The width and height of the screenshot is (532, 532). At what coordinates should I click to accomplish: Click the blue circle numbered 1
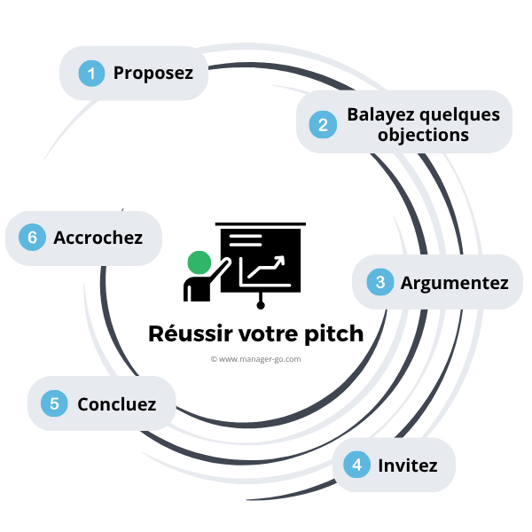[x=90, y=73]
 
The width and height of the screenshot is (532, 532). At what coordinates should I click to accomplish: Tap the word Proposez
[x=153, y=73]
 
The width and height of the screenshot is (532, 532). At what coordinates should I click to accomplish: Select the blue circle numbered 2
[x=323, y=125]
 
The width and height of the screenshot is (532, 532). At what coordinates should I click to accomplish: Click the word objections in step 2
[x=423, y=136]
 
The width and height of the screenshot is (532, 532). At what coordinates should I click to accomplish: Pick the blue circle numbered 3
[x=380, y=283]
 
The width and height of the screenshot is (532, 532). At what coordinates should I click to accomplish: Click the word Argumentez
[x=454, y=283]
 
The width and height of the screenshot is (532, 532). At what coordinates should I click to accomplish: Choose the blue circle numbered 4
[x=357, y=464]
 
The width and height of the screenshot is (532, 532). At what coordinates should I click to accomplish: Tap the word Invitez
[x=407, y=464]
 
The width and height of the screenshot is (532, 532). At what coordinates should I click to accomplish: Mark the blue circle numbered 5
[x=55, y=404]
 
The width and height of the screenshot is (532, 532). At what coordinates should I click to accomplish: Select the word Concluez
[x=116, y=404]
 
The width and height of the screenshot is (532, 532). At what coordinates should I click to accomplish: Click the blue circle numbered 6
[x=33, y=238]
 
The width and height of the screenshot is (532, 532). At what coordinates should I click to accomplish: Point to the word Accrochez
[x=97, y=238]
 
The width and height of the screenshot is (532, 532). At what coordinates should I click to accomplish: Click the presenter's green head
[x=199, y=262]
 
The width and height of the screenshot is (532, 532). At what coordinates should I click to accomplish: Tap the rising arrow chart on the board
[x=265, y=267]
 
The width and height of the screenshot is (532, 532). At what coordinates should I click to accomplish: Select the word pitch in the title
[x=332, y=334]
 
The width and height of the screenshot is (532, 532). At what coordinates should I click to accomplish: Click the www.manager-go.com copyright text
[x=256, y=359]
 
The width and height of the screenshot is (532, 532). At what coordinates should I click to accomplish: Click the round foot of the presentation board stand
[x=261, y=306]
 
